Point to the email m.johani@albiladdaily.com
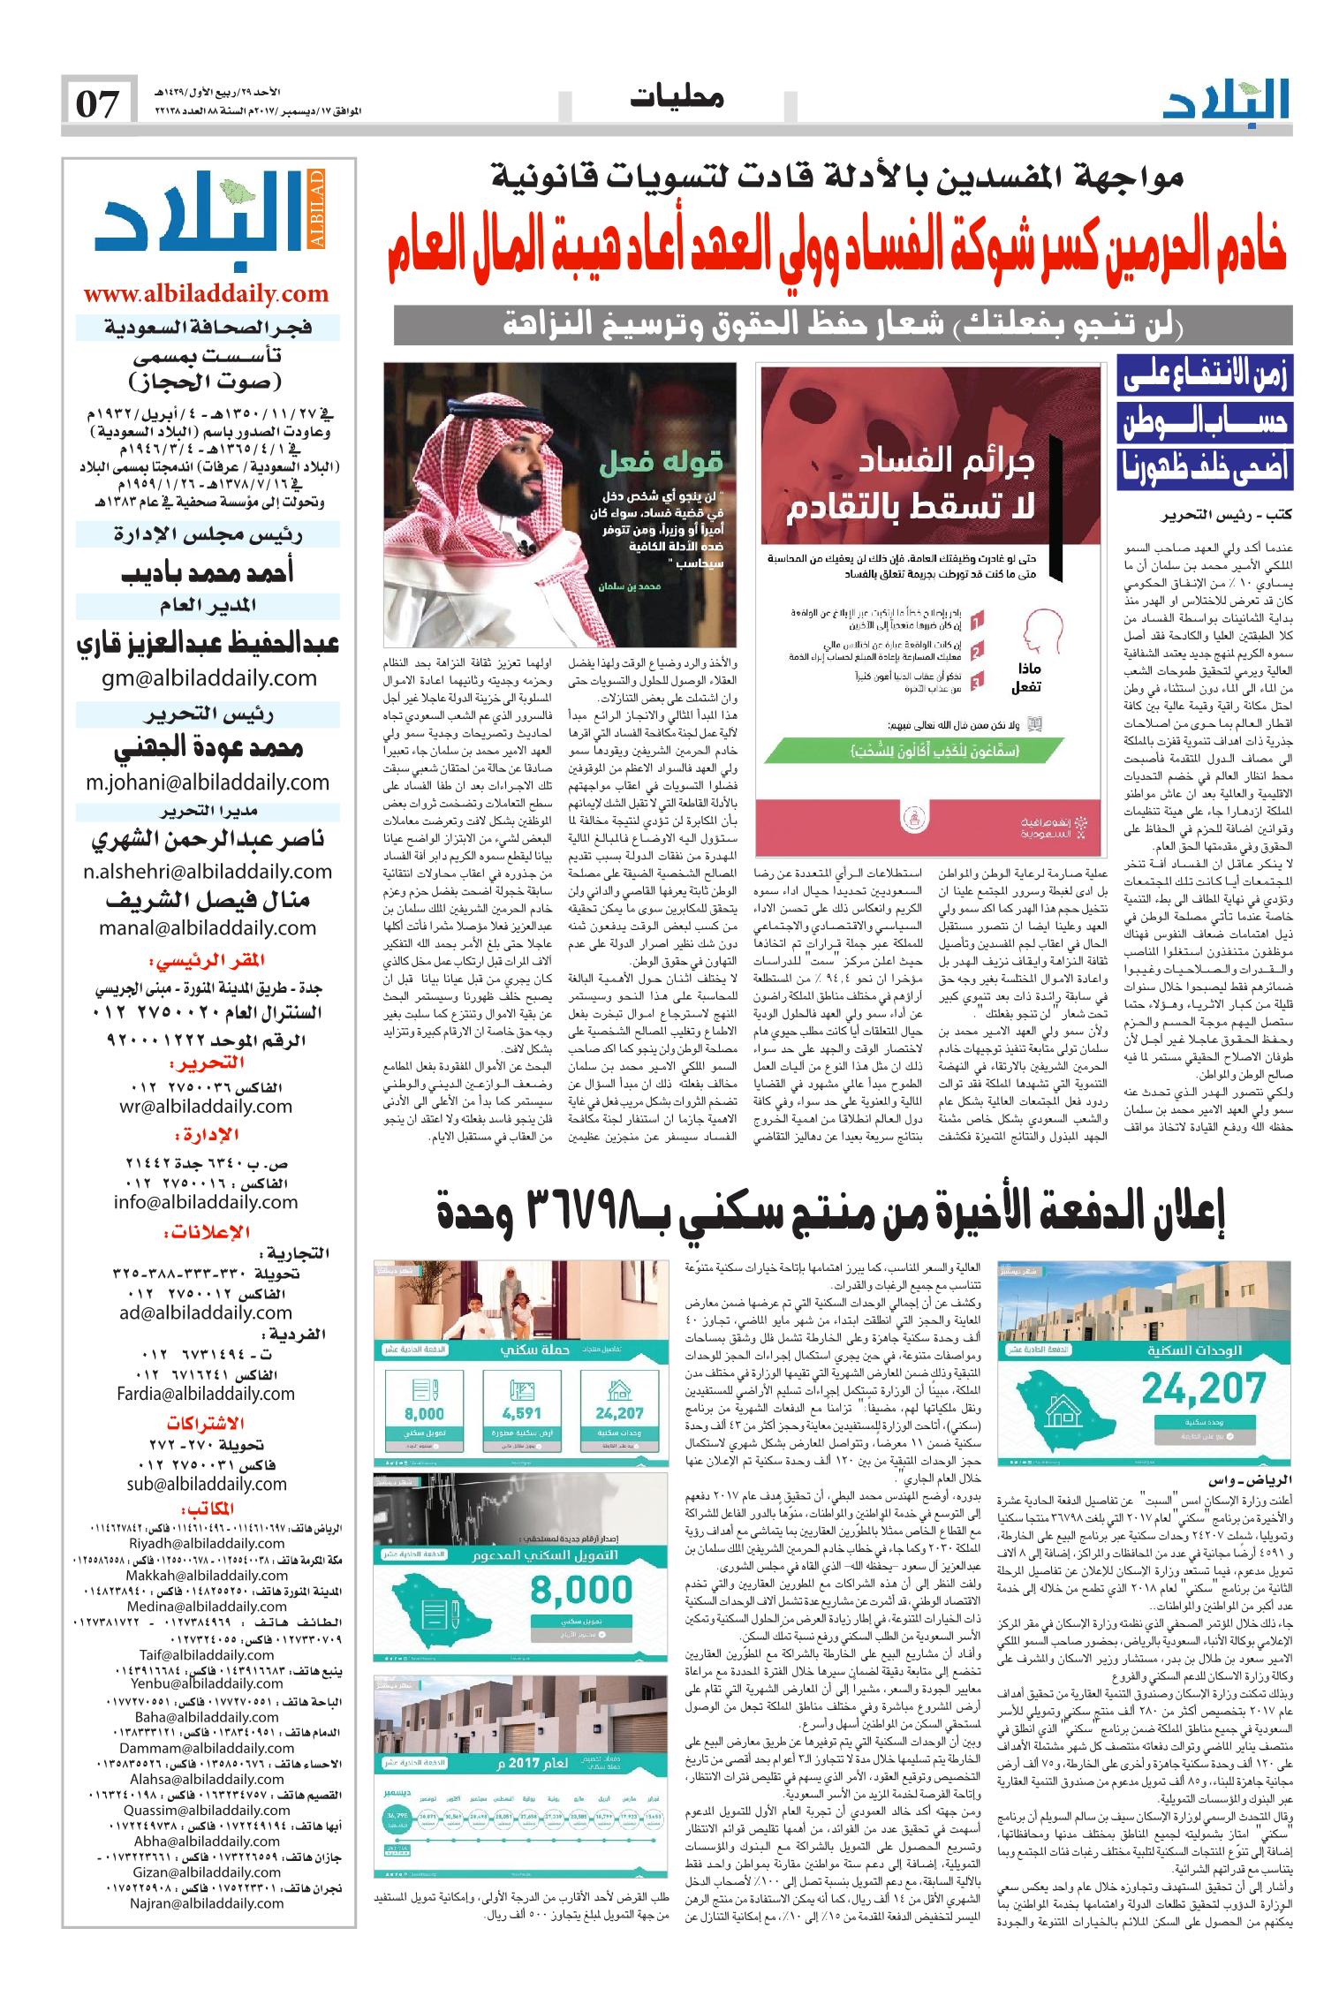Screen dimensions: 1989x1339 [x=208, y=782]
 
